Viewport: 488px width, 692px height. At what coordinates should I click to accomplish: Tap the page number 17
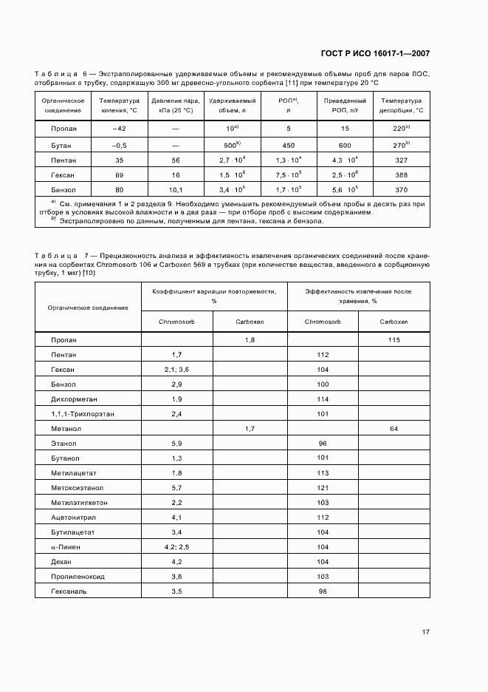(426, 631)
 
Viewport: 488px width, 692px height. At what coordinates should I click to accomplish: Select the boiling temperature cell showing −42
(119, 129)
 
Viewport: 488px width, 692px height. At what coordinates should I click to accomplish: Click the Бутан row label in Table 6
(62, 145)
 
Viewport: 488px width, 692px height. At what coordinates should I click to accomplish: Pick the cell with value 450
(289, 145)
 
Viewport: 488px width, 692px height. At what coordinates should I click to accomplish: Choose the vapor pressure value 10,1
(176, 190)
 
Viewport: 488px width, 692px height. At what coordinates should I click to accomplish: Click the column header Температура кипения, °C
(119, 105)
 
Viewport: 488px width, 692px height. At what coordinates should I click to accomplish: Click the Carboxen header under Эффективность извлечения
(394, 322)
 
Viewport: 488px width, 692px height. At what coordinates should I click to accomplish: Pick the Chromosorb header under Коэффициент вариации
(177, 322)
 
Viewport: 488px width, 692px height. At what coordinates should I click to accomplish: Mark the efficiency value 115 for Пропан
(394, 339)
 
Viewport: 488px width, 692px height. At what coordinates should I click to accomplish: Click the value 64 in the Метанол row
(394, 428)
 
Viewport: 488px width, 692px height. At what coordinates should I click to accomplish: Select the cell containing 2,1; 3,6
(177, 369)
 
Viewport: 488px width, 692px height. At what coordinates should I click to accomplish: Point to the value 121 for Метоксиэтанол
(322, 488)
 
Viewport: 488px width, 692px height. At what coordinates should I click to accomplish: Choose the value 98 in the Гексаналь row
(322, 591)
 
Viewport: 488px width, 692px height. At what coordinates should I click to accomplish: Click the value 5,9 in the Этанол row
(177, 444)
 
